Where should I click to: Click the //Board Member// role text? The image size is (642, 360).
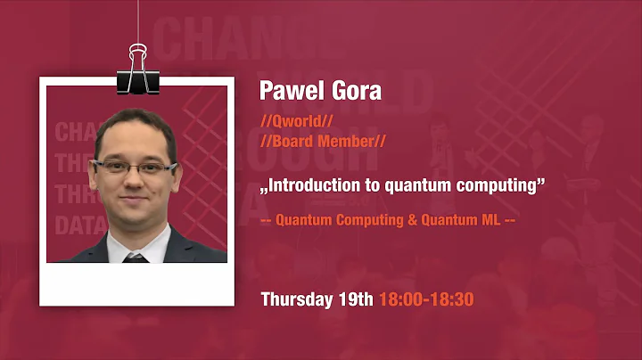click(323, 142)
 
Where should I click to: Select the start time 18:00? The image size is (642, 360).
click(400, 299)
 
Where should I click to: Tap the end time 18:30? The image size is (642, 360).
click(450, 299)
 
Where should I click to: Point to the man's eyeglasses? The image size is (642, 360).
click(135, 167)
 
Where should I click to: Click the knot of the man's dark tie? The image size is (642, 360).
click(136, 258)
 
